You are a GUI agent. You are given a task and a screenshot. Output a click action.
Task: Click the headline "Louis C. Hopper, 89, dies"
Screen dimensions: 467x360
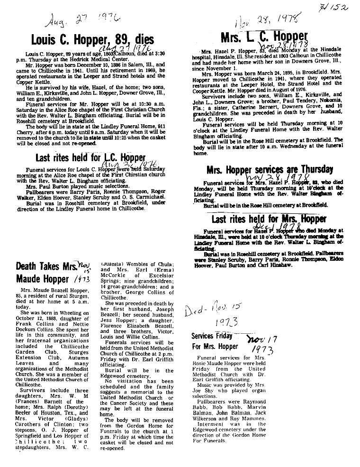point(92,39)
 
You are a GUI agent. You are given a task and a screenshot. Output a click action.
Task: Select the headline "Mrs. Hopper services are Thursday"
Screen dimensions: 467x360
point(270,170)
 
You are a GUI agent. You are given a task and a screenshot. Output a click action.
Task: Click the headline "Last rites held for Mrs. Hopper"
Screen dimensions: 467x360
point(269,219)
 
